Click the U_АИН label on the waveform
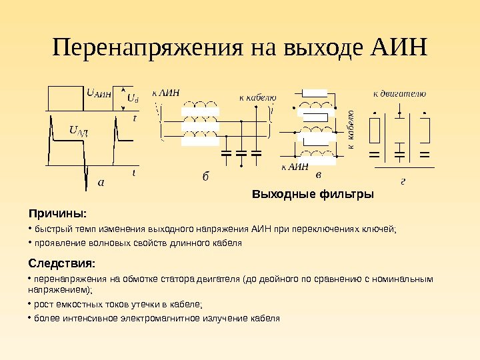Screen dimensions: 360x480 (x=99, y=93)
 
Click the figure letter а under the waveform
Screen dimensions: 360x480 (x=101, y=181)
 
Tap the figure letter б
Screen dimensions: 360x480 (x=205, y=177)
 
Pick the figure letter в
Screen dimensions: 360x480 (x=318, y=175)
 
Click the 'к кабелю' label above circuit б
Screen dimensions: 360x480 (x=257, y=97)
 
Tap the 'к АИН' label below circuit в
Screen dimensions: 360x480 (x=294, y=167)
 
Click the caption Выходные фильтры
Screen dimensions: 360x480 (x=313, y=195)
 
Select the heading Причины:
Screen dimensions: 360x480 (x=57, y=214)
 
